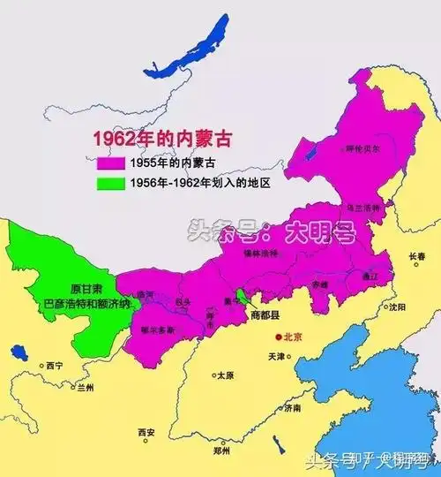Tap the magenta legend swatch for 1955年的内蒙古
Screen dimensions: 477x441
pyautogui.click(x=111, y=163)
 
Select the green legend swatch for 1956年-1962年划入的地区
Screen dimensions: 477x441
pyautogui.click(x=111, y=183)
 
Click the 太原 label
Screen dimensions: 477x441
pyautogui.click(x=225, y=375)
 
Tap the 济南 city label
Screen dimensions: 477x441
pyautogui.click(x=292, y=409)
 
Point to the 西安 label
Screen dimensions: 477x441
pyautogui.click(x=146, y=433)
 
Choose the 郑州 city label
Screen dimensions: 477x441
pyautogui.click(x=221, y=450)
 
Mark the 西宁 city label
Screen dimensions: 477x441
pyautogui.click(x=55, y=366)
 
